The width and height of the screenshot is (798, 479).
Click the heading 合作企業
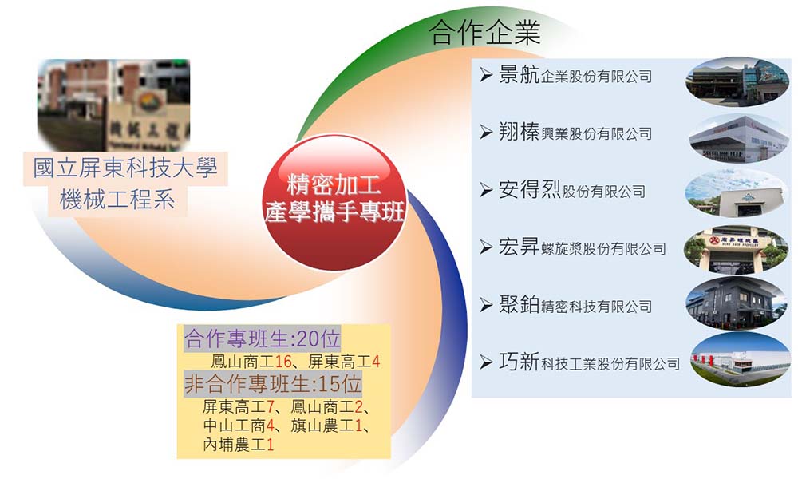(484, 33)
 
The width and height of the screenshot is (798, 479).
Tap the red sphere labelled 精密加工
(334, 202)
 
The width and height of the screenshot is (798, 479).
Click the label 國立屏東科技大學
(125, 168)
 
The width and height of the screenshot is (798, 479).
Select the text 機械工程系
(117, 199)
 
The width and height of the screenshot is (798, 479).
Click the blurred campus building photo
(113, 105)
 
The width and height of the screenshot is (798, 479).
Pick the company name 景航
(519, 75)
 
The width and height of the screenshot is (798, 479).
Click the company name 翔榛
(519, 133)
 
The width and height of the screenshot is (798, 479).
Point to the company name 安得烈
(529, 190)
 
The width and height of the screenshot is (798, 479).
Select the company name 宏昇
(519, 247)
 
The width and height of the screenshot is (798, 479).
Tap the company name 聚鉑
(519, 305)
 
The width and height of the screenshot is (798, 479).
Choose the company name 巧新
(519, 362)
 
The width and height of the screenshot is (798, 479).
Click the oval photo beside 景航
(737, 81)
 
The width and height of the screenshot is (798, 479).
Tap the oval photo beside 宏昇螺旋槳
(736, 249)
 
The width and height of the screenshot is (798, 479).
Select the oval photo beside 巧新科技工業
(741, 360)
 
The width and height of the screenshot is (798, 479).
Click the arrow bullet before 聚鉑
(485, 305)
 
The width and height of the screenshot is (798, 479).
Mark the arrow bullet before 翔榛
(485, 133)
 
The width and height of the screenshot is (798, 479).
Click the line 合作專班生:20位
(262, 338)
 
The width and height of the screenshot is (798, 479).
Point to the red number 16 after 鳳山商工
(283, 362)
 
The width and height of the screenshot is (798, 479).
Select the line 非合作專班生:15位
(273, 384)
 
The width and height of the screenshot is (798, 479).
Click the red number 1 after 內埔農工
(271, 445)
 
